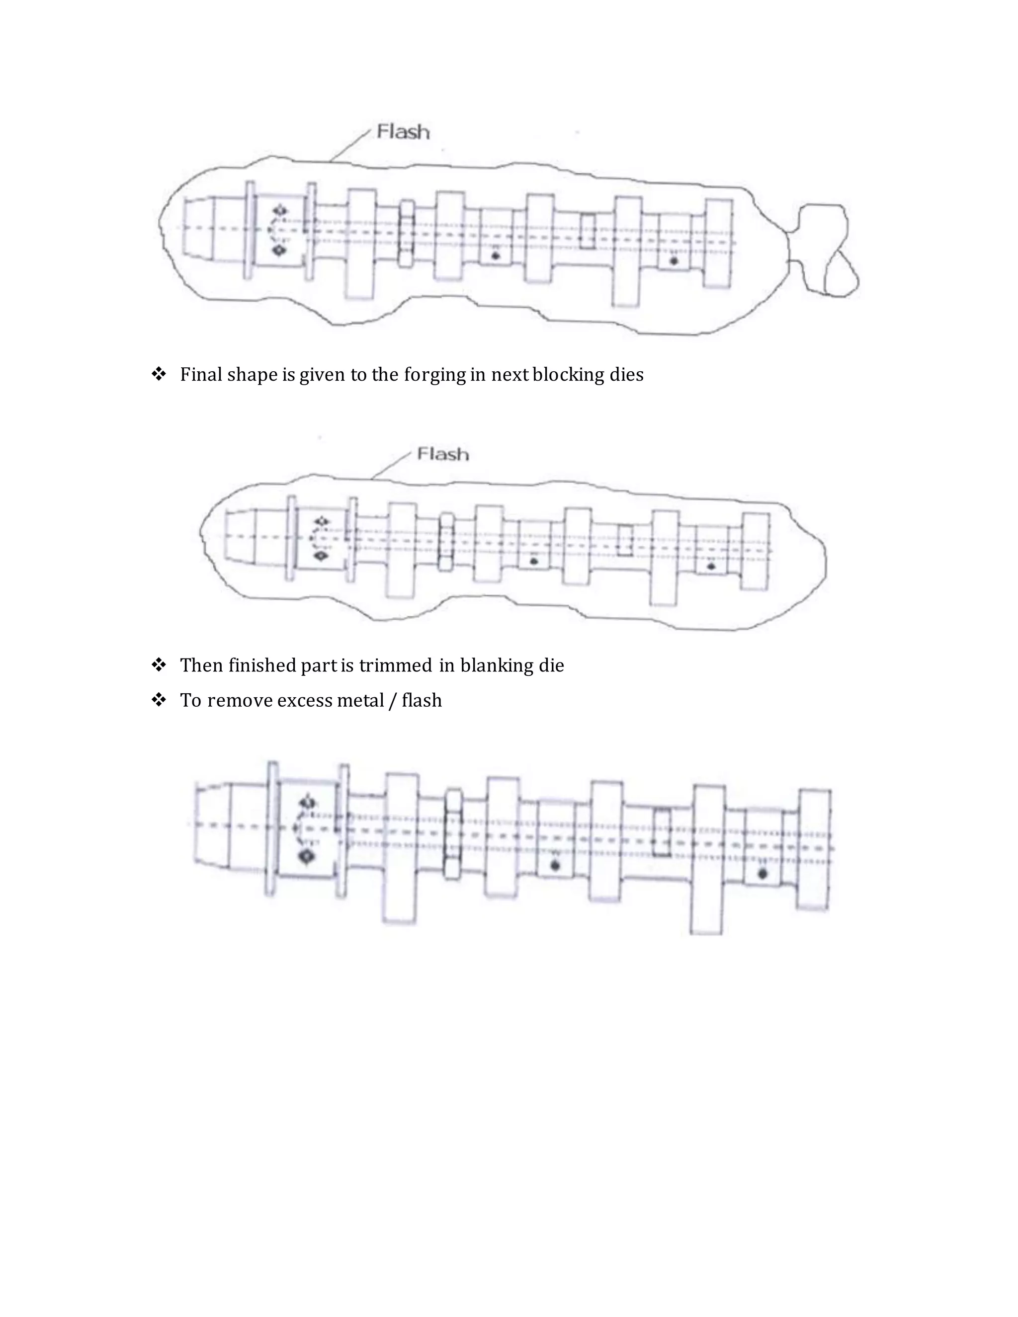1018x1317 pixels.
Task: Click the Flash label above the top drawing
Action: coord(403,132)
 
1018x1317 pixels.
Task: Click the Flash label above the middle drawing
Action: coord(443,454)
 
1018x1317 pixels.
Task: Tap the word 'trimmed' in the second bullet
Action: coord(395,665)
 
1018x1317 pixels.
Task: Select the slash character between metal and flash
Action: coord(393,701)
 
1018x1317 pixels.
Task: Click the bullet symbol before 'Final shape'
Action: coord(159,374)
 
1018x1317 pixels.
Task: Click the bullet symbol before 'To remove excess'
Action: coord(159,700)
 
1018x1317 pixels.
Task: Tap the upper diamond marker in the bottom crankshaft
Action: coord(308,803)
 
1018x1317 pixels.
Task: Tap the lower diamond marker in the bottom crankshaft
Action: coord(308,856)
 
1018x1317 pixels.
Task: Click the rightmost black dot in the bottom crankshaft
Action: coord(763,873)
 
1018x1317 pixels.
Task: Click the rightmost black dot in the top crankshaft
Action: coord(674,261)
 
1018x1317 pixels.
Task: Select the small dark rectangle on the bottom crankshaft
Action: coord(662,832)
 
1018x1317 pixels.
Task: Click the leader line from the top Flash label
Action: coord(350,145)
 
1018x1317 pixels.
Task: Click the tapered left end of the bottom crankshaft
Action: coord(212,824)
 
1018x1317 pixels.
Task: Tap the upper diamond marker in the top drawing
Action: coord(280,210)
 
